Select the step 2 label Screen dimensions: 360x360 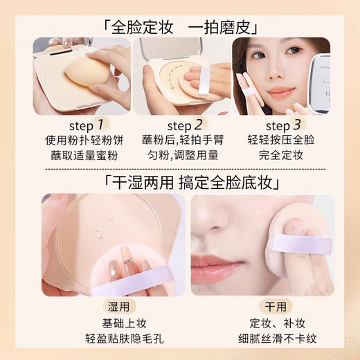click(180, 125)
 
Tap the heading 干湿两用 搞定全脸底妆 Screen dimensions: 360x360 click(180, 183)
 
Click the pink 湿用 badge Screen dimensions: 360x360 click(111, 307)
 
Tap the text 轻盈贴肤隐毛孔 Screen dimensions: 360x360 click(111, 339)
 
